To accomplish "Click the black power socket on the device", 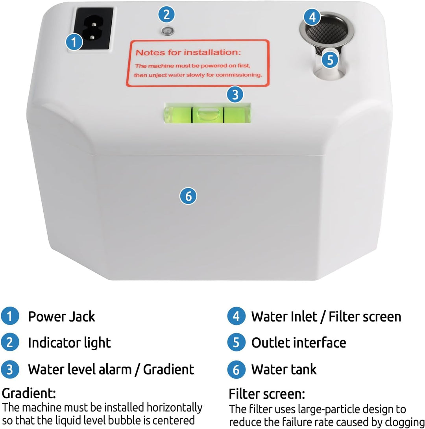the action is pos(94,28).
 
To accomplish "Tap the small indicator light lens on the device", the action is pos(167,31).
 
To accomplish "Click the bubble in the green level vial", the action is pos(208,113).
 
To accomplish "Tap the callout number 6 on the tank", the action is pos(188,196).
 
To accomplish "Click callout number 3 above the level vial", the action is pos(235,95).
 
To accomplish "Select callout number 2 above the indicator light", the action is pos(166,14).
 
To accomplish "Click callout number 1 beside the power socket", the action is pos(74,42).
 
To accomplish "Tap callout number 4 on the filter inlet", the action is pos(312,17).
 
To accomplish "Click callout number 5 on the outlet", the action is pos(330,59).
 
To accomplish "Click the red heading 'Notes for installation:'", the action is pos(188,52).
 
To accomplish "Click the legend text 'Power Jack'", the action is pos(61,316).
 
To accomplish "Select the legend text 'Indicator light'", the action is pos(70,343).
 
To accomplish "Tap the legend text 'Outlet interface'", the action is pos(299,343).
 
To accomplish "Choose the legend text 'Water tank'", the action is pos(284,369).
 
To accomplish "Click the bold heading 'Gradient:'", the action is pos(29,393).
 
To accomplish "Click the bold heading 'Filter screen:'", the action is pos(267,394).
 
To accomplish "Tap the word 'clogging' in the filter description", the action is pos(405,422).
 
